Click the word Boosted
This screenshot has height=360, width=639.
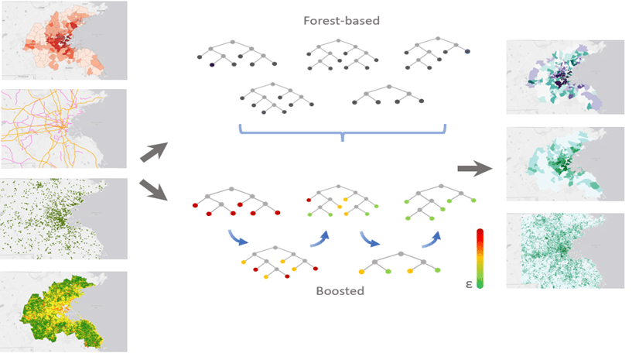tap(340, 292)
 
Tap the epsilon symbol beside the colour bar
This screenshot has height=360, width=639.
tap(469, 283)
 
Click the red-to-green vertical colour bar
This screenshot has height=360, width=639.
tap(480, 259)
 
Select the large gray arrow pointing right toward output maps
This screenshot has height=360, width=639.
tap(474, 166)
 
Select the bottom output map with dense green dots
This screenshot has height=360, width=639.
tap(564, 250)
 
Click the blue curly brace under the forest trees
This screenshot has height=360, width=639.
tap(343, 132)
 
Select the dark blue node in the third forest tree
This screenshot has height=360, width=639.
tap(467, 52)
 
